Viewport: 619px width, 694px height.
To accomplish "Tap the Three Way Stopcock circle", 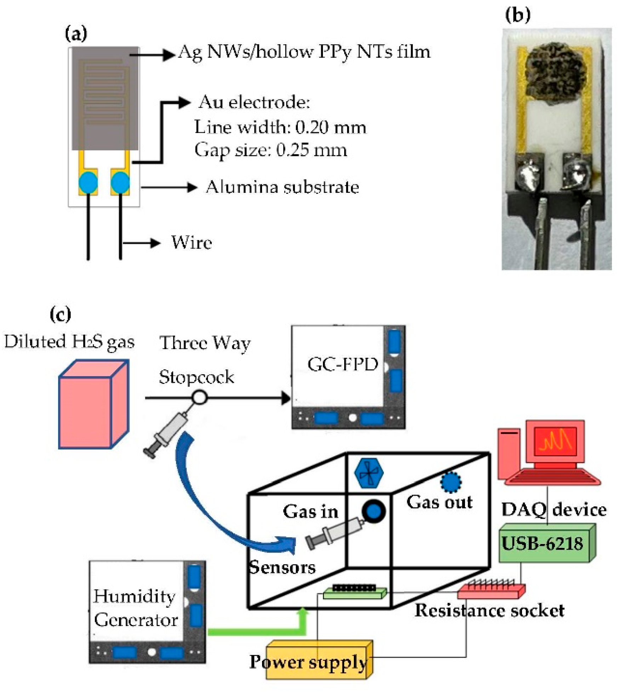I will point(199,397).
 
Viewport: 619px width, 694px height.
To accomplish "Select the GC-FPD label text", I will point(342,364).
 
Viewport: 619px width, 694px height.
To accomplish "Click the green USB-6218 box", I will point(544,544).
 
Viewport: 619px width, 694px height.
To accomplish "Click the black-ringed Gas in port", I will point(374,511).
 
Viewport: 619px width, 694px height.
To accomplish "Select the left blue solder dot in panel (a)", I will point(88,183).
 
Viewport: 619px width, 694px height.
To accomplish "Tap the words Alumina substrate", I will point(282,187).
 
